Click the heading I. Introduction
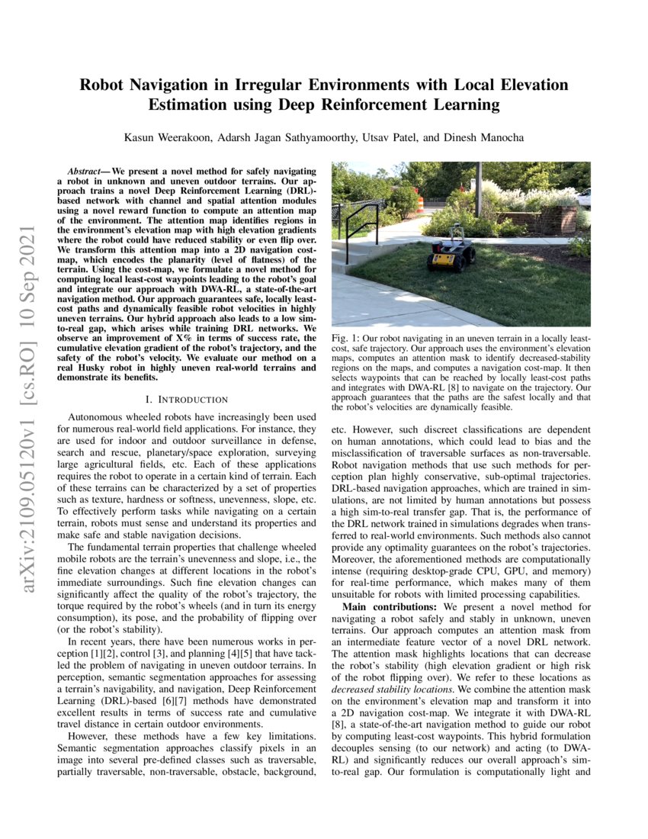click(x=186, y=399)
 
